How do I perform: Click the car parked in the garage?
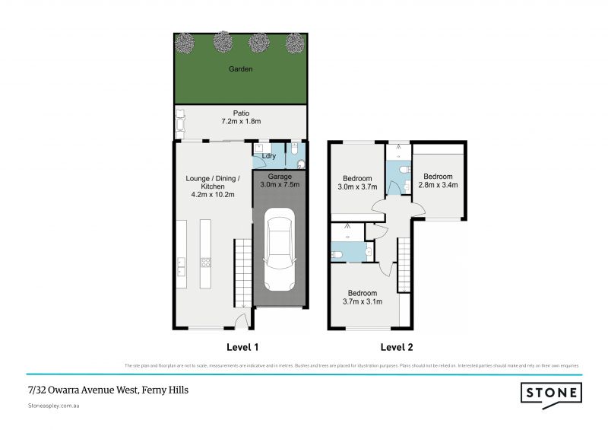(x=279, y=252)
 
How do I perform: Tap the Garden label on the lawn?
(x=241, y=69)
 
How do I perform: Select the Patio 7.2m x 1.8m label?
(x=241, y=116)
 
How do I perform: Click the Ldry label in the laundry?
(x=268, y=157)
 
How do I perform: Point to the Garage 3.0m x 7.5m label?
(x=280, y=180)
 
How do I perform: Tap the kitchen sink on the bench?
(x=182, y=266)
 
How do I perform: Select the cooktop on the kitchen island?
(x=204, y=263)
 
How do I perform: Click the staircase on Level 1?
(x=242, y=270)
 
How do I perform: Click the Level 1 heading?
(x=243, y=348)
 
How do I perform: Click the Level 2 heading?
(x=397, y=348)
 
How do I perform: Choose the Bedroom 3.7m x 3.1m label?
(x=363, y=297)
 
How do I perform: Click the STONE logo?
(x=551, y=393)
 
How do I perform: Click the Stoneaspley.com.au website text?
(x=54, y=406)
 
